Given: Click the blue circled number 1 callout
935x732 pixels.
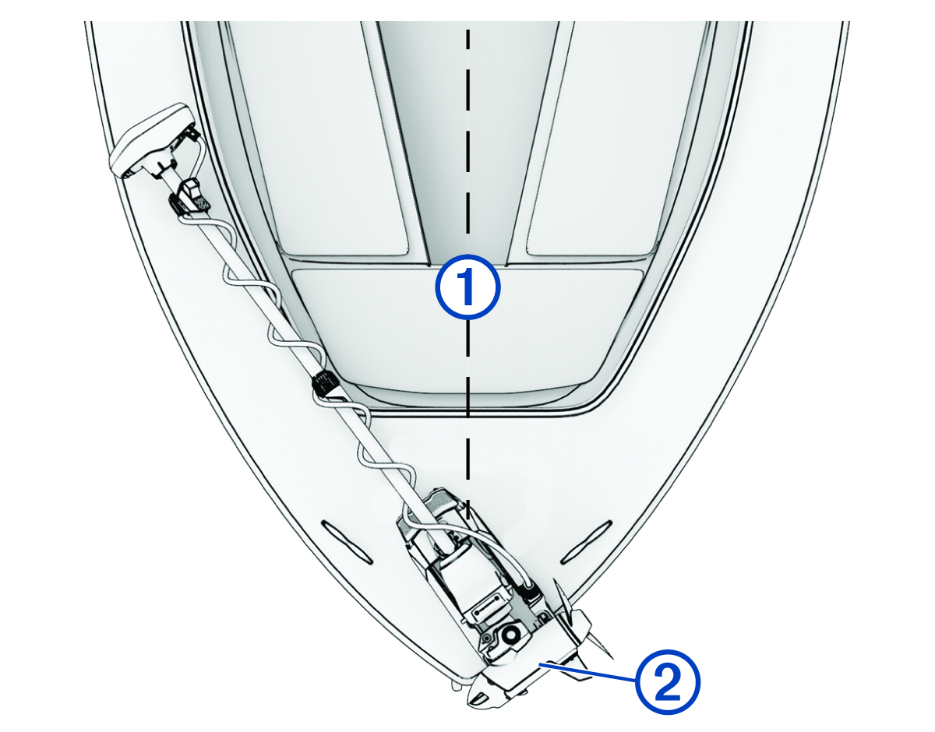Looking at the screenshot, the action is click(x=468, y=287).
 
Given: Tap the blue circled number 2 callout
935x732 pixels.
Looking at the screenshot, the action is click(x=668, y=682).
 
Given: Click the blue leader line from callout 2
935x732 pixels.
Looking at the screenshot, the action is click(x=588, y=673).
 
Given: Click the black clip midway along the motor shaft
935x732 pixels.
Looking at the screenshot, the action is click(x=324, y=382).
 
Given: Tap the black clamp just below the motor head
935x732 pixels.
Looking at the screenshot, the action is click(x=189, y=198).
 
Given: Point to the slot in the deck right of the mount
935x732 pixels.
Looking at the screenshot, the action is click(x=586, y=542).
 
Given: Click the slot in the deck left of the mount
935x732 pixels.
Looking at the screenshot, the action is click(x=347, y=542).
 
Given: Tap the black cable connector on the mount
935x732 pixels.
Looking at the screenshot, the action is click(x=530, y=595).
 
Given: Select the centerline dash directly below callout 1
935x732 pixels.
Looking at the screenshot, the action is click(x=468, y=340).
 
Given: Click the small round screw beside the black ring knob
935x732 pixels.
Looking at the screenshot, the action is click(x=487, y=636).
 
